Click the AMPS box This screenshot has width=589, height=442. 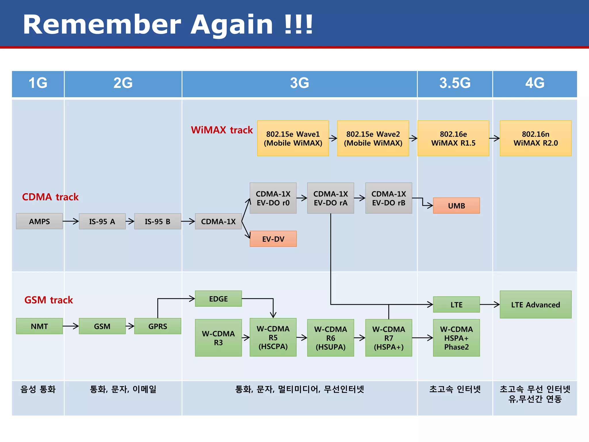tap(39, 221)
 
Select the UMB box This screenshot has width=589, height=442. tap(456, 206)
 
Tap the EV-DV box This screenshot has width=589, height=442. tap(273, 239)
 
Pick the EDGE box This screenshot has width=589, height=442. tap(218, 299)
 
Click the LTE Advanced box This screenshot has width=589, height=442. tap(535, 304)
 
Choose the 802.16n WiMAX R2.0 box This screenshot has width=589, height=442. tap(535, 138)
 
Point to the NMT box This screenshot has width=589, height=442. tap(39, 326)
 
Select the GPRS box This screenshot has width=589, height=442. tap(158, 326)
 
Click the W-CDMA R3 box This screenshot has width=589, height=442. tap(218, 338)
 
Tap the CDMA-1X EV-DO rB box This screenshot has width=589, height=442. tap(389, 198)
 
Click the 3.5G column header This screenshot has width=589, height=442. tap(455, 83)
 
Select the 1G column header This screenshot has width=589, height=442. tap(38, 83)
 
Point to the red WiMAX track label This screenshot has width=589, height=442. tap(222, 130)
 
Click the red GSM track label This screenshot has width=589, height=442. tap(49, 300)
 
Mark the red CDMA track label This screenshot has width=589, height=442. tap(50, 197)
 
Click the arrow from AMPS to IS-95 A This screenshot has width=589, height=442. tap(71, 221)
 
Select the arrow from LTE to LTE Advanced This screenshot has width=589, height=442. tap(489, 304)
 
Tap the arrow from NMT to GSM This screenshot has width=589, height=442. tap(71, 326)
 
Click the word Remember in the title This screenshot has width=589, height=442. tap(102, 25)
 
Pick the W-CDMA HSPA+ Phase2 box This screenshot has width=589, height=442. tap(456, 338)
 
